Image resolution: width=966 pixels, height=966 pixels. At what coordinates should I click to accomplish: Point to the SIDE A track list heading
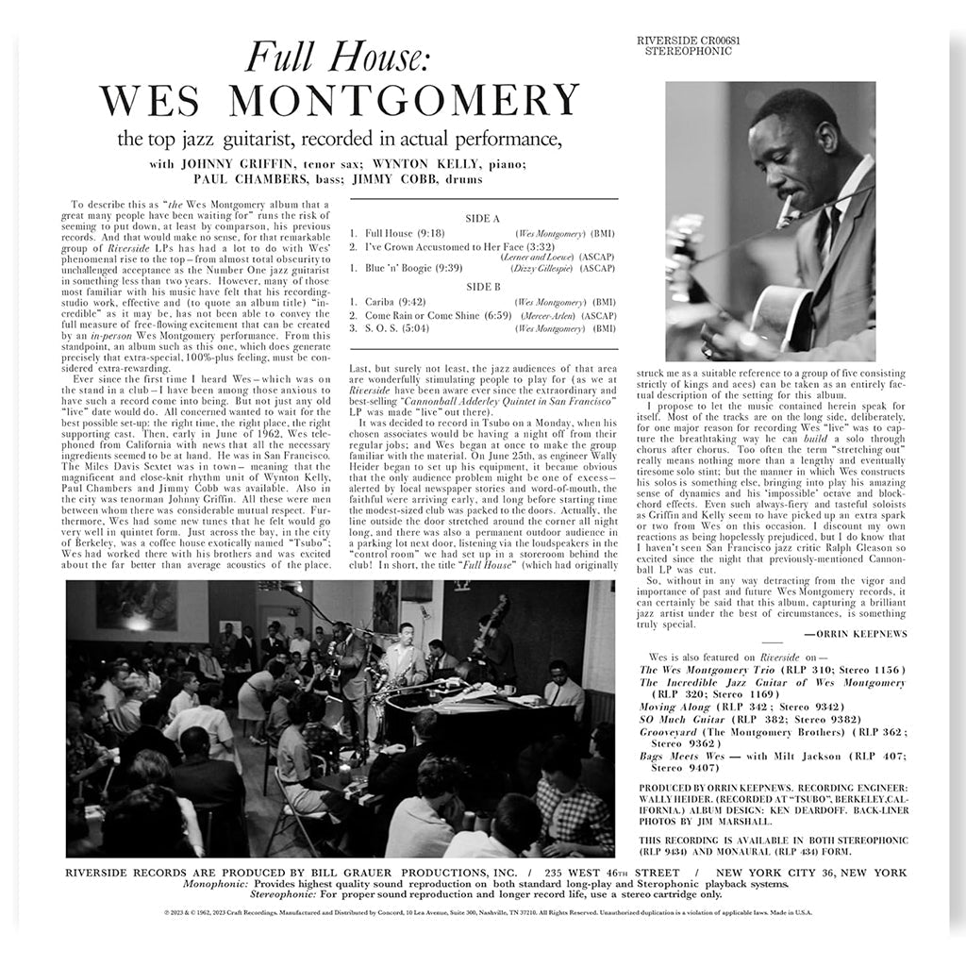click(x=483, y=218)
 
